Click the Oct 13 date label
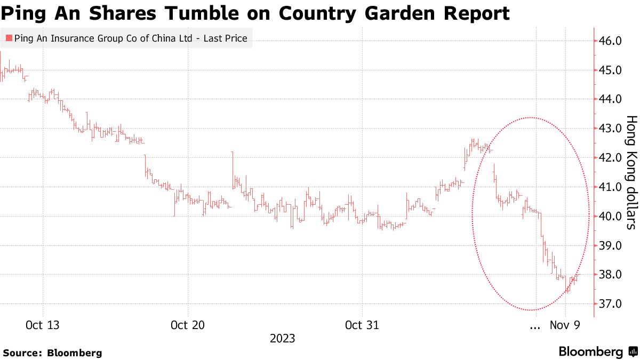click(43, 325)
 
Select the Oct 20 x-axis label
click(188, 325)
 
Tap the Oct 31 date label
click(362, 325)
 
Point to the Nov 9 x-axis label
click(565, 325)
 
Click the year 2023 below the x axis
click(283, 339)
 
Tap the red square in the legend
click(8, 38)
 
